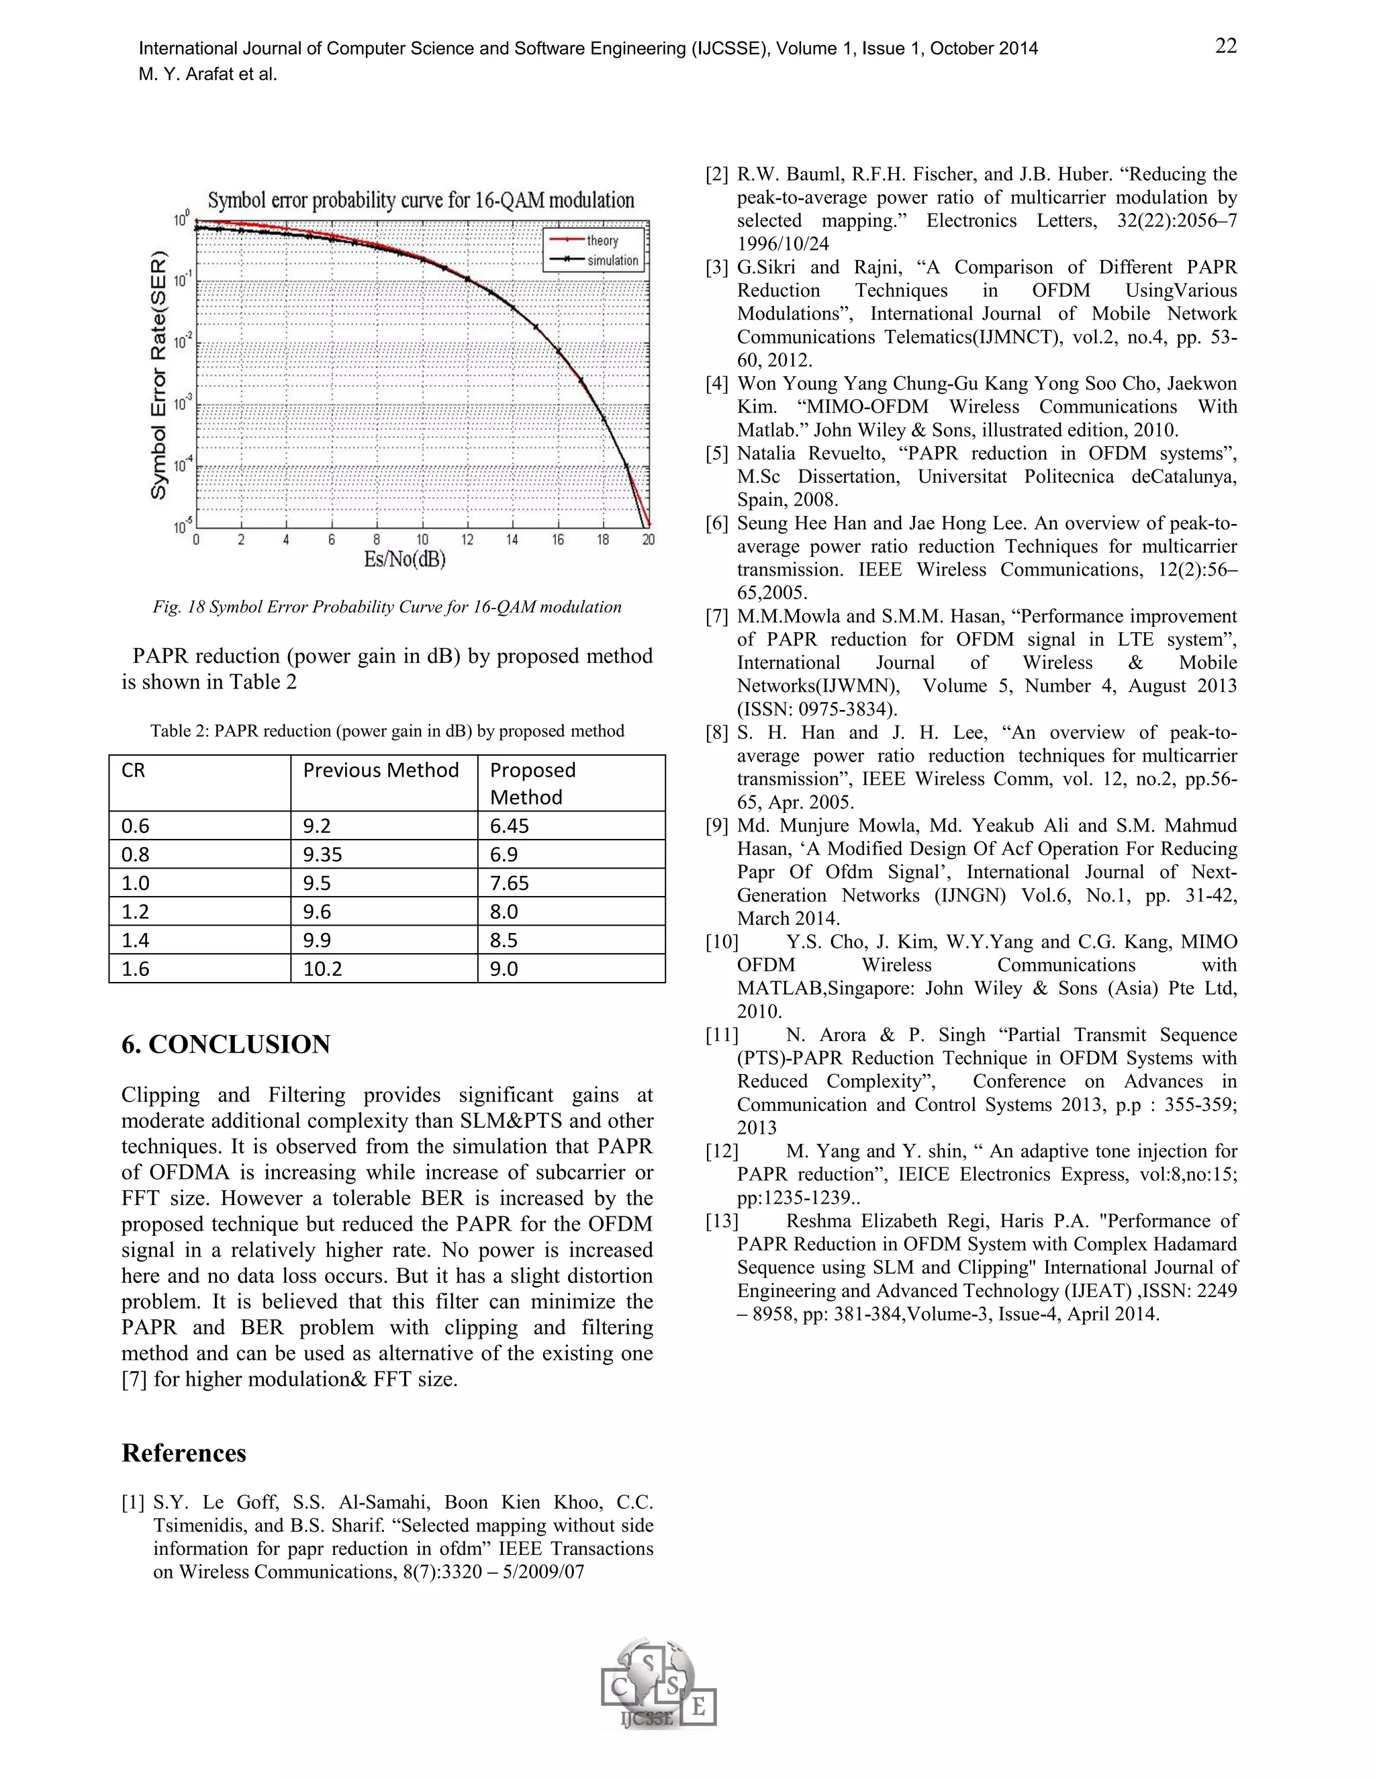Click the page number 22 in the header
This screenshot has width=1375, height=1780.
(1225, 46)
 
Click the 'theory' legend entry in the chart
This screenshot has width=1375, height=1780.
(602, 240)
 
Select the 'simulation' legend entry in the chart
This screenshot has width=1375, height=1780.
(612, 261)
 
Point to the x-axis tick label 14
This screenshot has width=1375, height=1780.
(512, 539)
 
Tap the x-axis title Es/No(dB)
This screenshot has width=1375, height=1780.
(405, 560)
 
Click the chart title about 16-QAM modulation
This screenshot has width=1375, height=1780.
(420, 200)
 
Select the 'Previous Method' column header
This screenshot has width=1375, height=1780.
(381, 770)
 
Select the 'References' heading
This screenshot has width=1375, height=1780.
(183, 1453)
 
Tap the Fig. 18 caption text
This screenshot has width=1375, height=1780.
(387, 607)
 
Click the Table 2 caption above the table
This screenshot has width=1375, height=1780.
(387, 731)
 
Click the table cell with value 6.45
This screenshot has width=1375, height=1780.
(509, 826)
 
